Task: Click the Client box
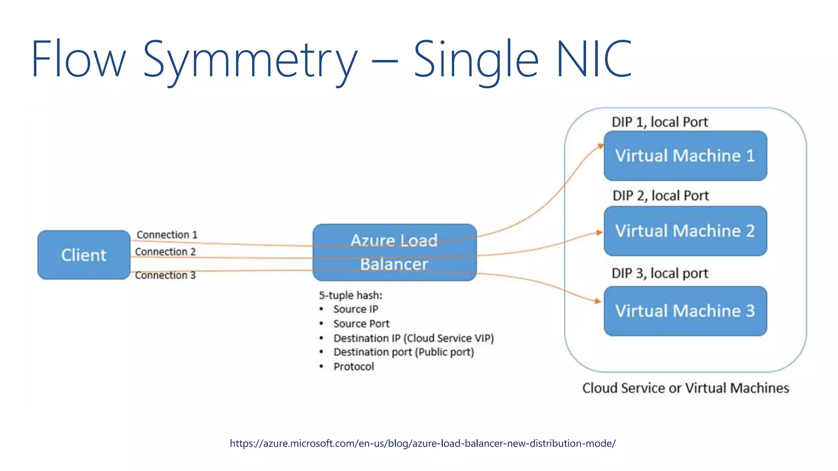click(x=84, y=255)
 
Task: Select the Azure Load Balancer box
click(x=394, y=252)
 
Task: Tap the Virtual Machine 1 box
click(x=685, y=156)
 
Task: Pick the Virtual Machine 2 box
click(x=685, y=231)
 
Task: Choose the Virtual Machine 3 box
click(x=685, y=311)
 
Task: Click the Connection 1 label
click(x=167, y=235)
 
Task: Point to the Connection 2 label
click(x=165, y=252)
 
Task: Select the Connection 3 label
click(x=165, y=275)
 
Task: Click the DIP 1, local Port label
click(x=659, y=122)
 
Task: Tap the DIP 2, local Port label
click(x=660, y=195)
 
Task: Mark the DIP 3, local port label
click(x=659, y=273)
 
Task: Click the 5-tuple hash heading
click(x=350, y=295)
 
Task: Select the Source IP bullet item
click(x=355, y=309)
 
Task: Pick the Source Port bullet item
click(x=361, y=324)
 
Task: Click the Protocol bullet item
click(x=353, y=366)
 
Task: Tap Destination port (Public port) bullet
click(x=403, y=352)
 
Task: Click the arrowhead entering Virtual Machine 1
click(x=600, y=146)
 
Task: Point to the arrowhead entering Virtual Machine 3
click(x=598, y=301)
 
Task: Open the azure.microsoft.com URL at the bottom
click(x=422, y=443)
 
